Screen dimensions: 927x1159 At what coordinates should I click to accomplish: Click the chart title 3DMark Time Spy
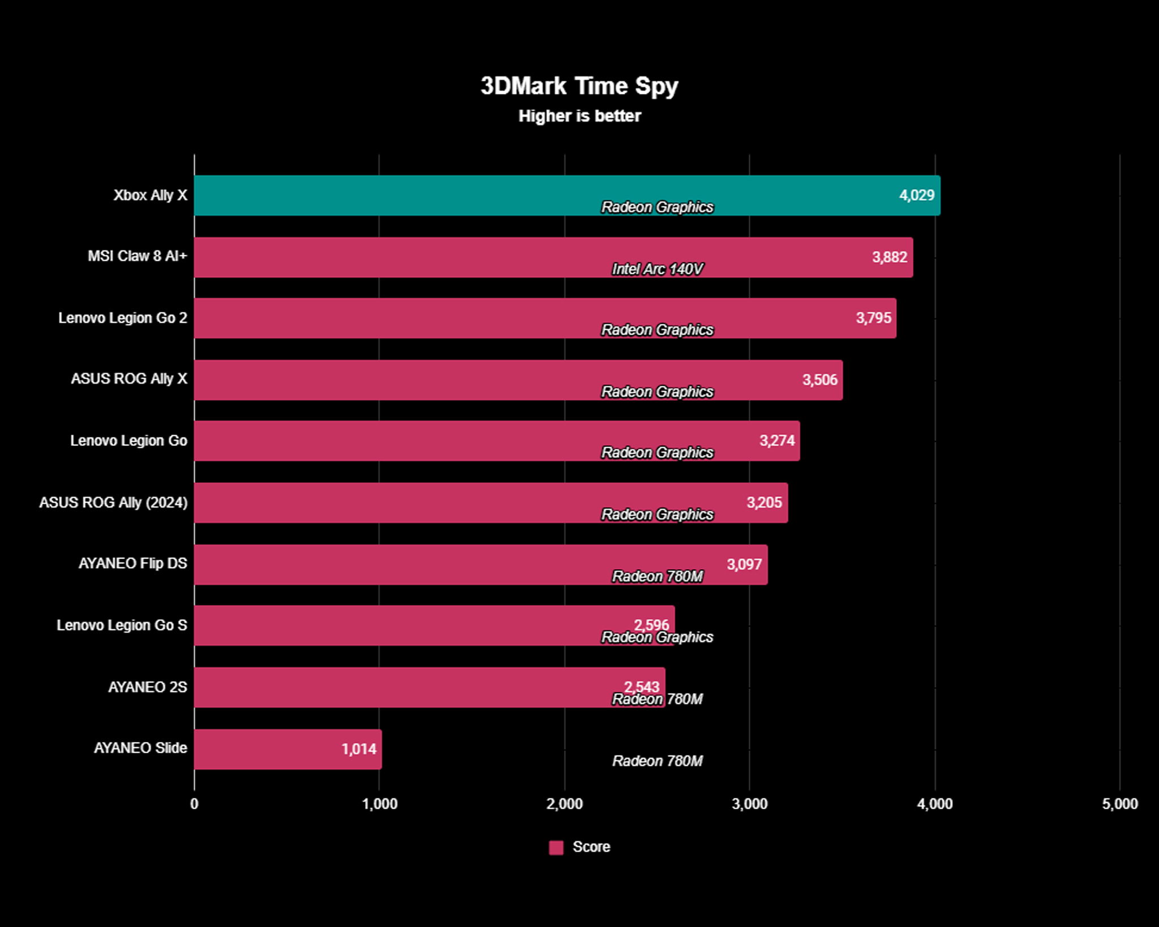(579, 87)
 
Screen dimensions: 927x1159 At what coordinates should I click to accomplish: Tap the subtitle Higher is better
(579, 116)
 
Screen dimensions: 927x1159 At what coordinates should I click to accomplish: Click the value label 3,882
(889, 257)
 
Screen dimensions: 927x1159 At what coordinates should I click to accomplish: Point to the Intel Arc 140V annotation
(657, 269)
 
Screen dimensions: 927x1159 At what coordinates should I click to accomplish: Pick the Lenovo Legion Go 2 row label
(123, 318)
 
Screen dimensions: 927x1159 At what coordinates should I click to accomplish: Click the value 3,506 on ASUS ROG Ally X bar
(819, 380)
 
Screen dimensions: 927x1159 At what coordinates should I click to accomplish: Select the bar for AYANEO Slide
(287, 749)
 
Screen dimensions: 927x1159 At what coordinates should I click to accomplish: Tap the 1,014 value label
(359, 749)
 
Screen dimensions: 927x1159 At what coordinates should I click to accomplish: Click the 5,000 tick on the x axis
(1119, 804)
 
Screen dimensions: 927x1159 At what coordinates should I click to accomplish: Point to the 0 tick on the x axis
(194, 804)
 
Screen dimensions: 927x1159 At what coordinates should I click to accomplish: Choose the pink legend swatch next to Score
(556, 847)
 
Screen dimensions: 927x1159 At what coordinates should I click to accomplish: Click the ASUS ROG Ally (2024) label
(113, 503)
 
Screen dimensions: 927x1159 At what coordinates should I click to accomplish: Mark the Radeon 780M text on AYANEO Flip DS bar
(657, 577)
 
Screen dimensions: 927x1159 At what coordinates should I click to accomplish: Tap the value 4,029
(916, 195)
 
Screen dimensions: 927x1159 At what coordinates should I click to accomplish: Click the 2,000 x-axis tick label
(564, 804)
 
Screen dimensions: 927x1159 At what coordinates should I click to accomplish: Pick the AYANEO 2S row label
(147, 687)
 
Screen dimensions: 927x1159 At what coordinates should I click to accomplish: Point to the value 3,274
(776, 441)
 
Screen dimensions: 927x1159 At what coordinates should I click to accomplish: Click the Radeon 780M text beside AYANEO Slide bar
(657, 761)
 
